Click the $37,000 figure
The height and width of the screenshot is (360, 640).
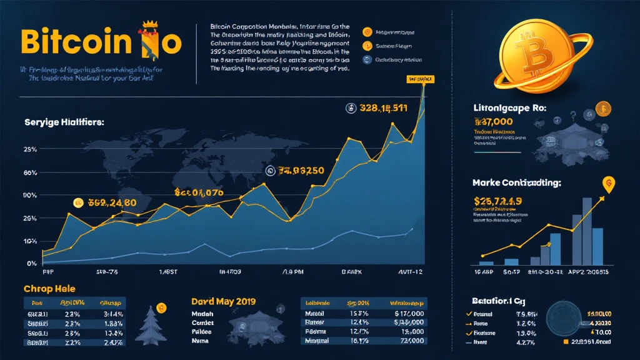(491, 121)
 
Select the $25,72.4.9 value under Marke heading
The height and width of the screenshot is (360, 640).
(499, 201)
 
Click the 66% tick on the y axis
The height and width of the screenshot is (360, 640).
(12, 172)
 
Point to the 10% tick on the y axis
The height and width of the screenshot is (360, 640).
(12, 241)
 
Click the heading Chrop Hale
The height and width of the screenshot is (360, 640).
(49, 289)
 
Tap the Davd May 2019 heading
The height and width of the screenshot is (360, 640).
(223, 301)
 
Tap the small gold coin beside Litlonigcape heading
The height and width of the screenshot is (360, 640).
(602, 109)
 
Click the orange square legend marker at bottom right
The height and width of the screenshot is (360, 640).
(566, 342)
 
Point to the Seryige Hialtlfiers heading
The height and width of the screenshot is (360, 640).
(64, 122)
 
